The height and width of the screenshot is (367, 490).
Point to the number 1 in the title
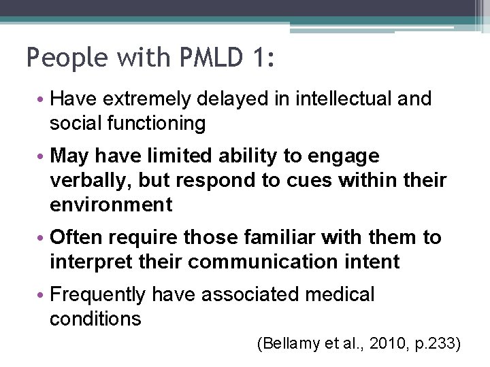pyautogui.click(x=263, y=58)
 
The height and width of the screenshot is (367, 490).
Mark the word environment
pyautogui.click(x=111, y=205)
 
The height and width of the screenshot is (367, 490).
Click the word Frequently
pyautogui.click(x=97, y=295)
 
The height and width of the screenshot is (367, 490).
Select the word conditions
pyautogui.click(x=95, y=319)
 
